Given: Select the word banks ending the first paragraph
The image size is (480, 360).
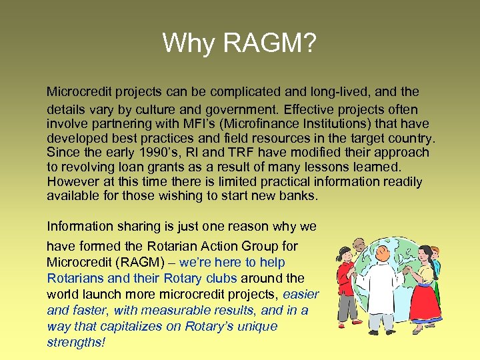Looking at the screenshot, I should tap(301, 197).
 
